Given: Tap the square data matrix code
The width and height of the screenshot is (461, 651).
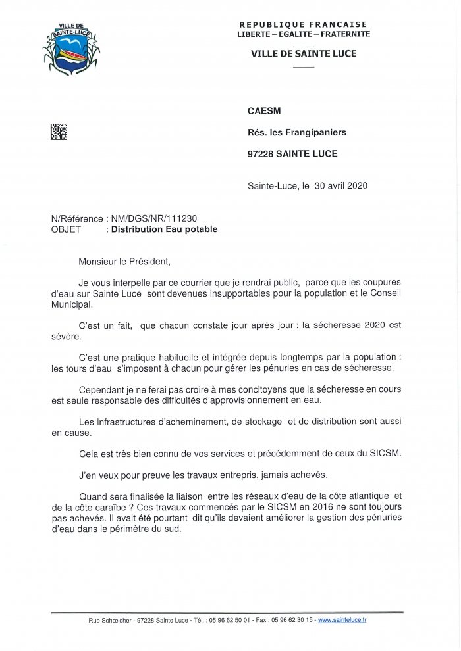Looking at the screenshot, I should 59,132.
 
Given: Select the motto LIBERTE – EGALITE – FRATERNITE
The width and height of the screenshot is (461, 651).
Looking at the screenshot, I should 304,34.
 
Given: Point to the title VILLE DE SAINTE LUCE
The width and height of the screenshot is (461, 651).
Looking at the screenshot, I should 304,53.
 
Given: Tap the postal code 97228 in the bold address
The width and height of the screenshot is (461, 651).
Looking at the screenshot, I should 261,153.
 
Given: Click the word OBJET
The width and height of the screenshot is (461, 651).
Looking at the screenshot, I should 65,229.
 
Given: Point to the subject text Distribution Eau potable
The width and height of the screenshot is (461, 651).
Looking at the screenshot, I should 164,229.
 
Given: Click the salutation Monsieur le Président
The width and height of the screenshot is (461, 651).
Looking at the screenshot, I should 124,261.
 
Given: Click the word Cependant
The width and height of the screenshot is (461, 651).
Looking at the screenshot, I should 103,389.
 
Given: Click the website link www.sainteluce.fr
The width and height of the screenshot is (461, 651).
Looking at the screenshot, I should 342,620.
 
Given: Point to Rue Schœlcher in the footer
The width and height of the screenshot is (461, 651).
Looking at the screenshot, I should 109,620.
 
